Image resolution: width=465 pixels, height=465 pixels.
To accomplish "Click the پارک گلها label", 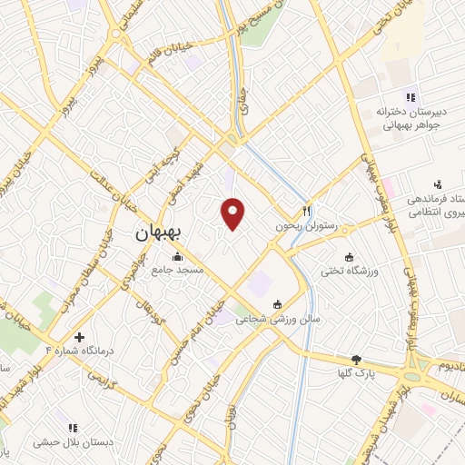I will coord(356,373).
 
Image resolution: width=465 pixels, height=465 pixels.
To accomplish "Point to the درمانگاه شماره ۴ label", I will coord(83,350).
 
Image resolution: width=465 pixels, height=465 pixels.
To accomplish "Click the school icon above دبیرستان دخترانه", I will coord(411,97).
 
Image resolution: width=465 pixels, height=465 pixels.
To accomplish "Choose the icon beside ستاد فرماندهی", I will coord(438,183).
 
